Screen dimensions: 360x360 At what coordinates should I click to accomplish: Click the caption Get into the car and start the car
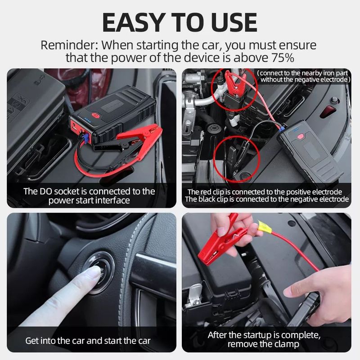(88, 341)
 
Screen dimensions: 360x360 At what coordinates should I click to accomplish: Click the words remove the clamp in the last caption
(263, 344)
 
